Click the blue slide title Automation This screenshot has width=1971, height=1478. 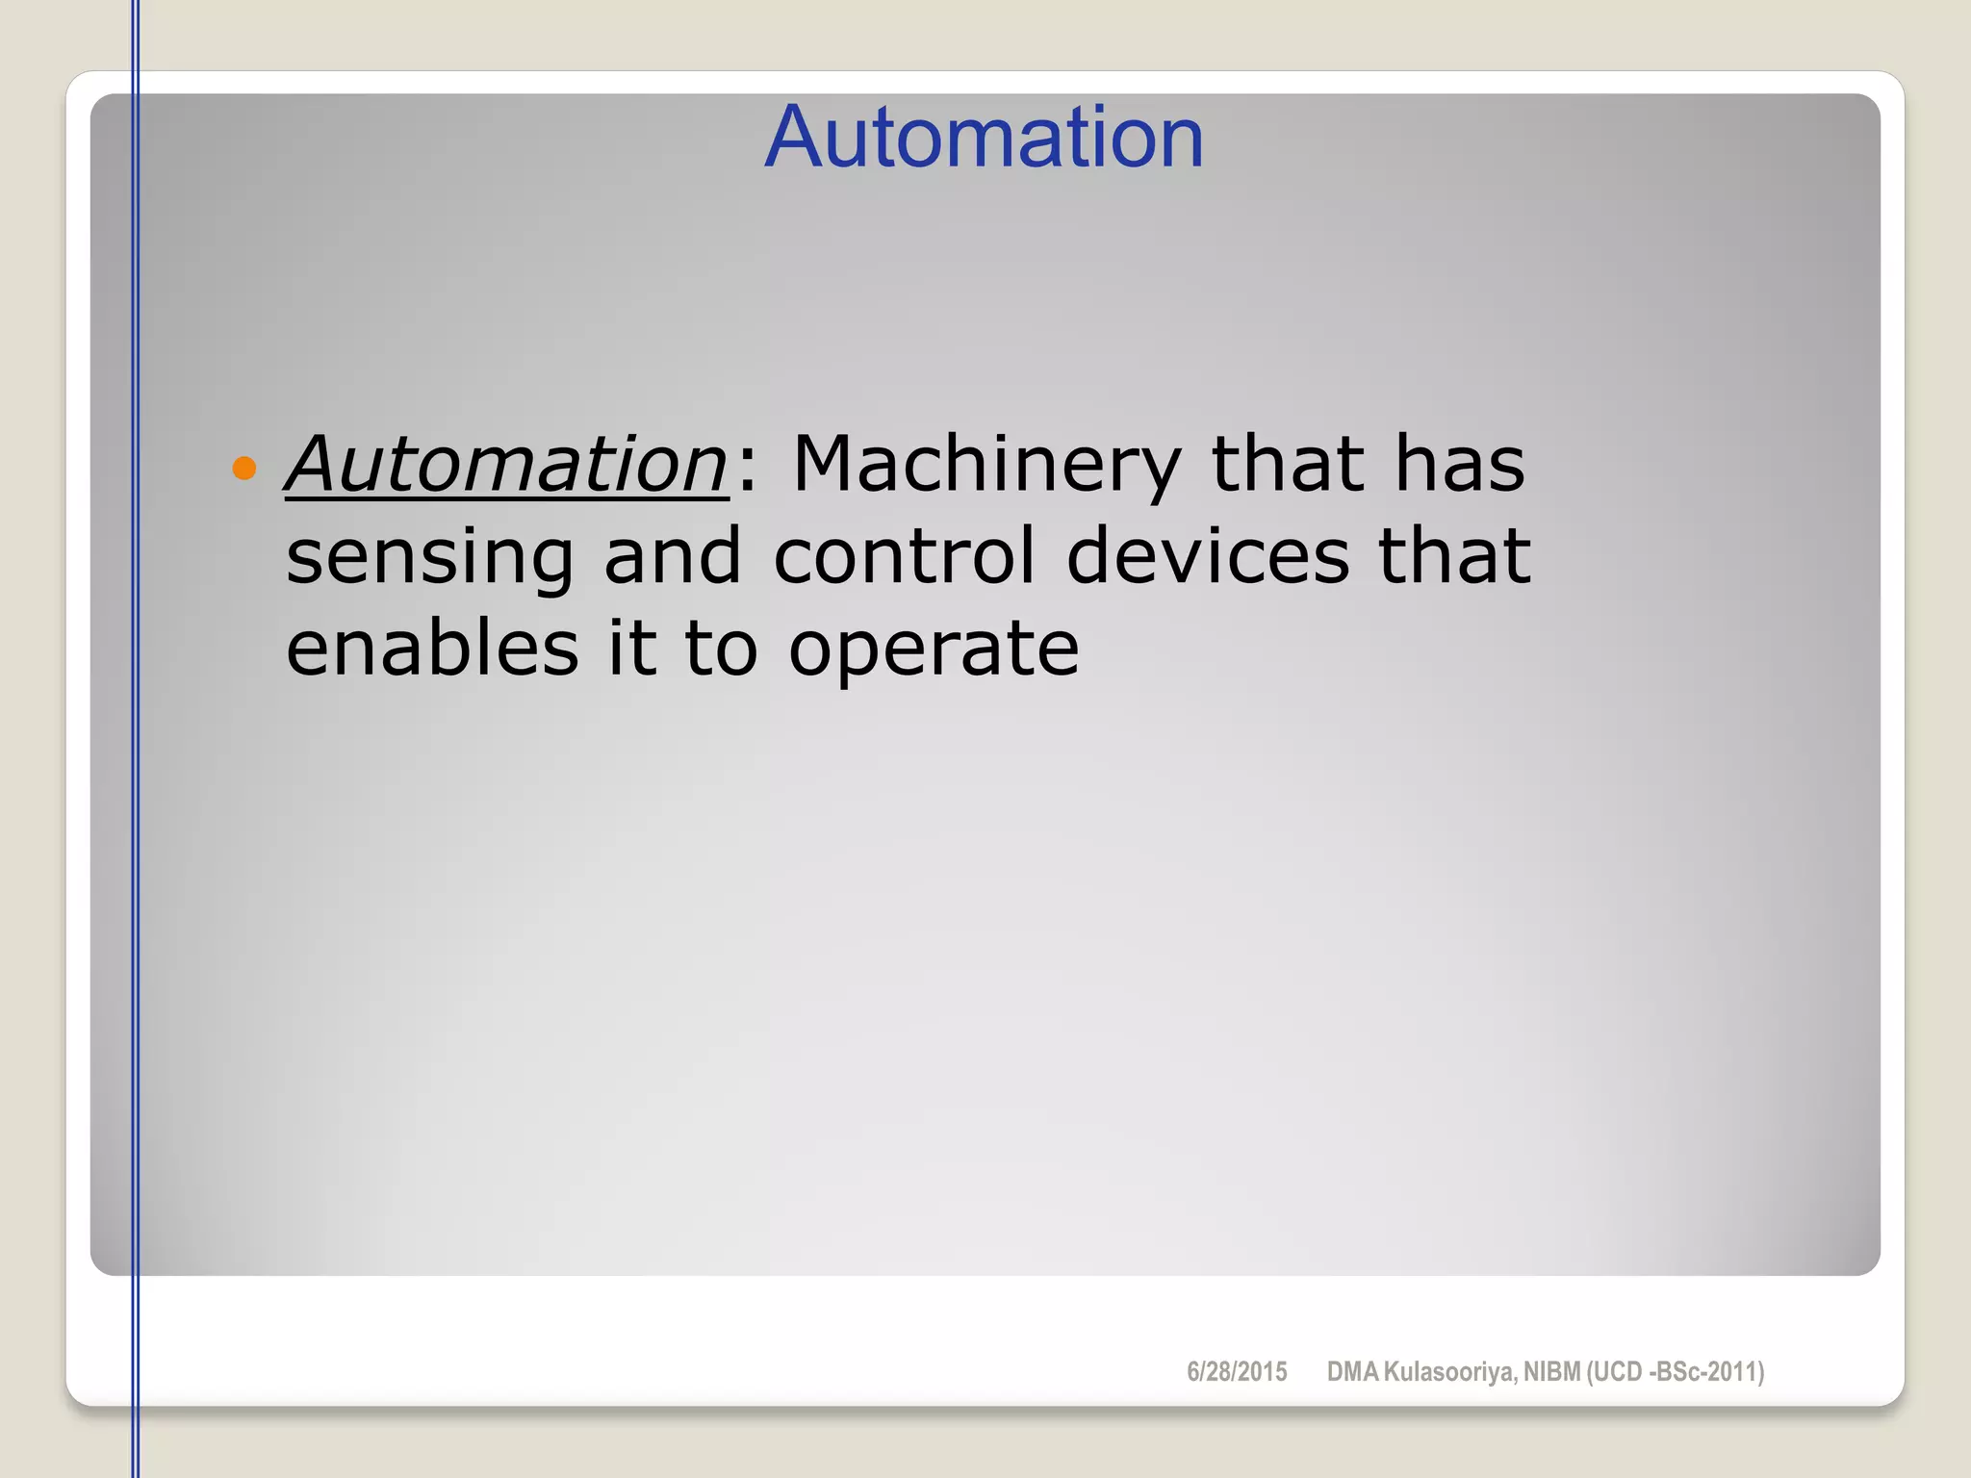(984, 138)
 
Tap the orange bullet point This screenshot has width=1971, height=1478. (244, 469)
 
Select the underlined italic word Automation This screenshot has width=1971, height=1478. (506, 464)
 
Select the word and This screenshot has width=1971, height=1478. (672, 556)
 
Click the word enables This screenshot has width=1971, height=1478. (432, 647)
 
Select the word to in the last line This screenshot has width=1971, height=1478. (721, 647)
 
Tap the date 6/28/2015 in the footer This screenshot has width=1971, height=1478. (1237, 1372)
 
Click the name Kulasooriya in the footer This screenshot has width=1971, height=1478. (1449, 1372)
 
